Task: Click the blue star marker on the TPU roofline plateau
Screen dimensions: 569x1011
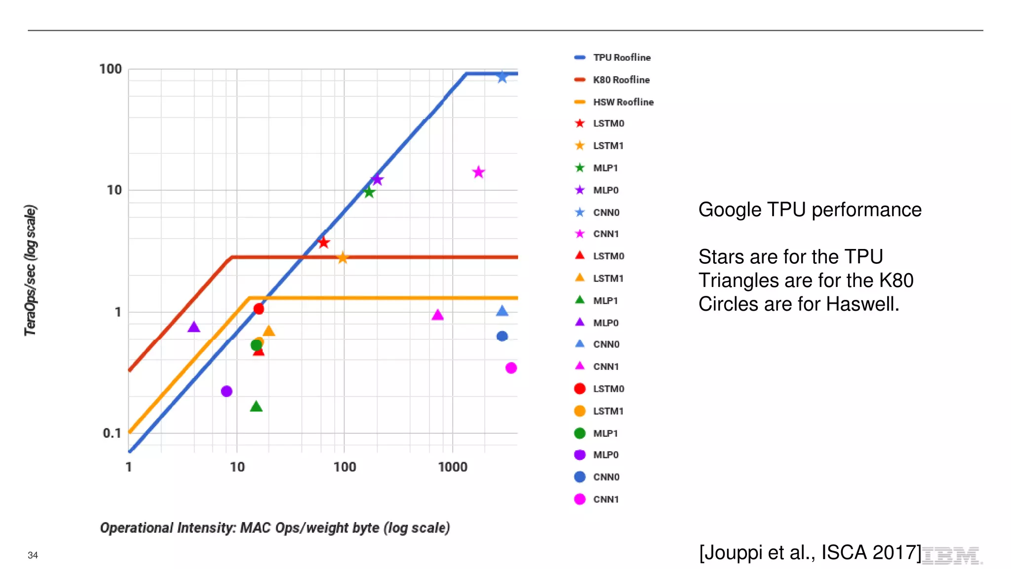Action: (502, 77)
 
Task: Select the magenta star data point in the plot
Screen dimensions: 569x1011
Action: (478, 172)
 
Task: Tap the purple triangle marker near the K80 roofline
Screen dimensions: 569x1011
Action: (194, 327)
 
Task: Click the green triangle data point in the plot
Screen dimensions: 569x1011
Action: (256, 406)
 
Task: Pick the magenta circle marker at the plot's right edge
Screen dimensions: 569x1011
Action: (511, 368)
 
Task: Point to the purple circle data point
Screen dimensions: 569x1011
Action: (227, 391)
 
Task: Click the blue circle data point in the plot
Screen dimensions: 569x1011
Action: (502, 336)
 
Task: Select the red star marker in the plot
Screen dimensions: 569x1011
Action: (324, 243)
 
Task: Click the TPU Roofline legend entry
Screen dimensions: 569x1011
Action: (621, 58)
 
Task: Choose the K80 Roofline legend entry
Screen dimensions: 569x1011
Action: (621, 80)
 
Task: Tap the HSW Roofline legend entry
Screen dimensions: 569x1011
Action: (622, 102)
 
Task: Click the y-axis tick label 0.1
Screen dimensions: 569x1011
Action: (112, 433)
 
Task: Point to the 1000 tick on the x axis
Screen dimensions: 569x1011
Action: (452, 467)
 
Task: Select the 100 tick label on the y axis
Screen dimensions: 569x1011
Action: (110, 69)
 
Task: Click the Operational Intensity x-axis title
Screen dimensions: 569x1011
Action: (275, 528)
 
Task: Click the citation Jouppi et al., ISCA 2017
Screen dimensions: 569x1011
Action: (810, 552)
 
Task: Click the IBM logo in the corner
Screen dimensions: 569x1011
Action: (951, 556)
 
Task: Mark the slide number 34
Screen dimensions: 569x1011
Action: (33, 555)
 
